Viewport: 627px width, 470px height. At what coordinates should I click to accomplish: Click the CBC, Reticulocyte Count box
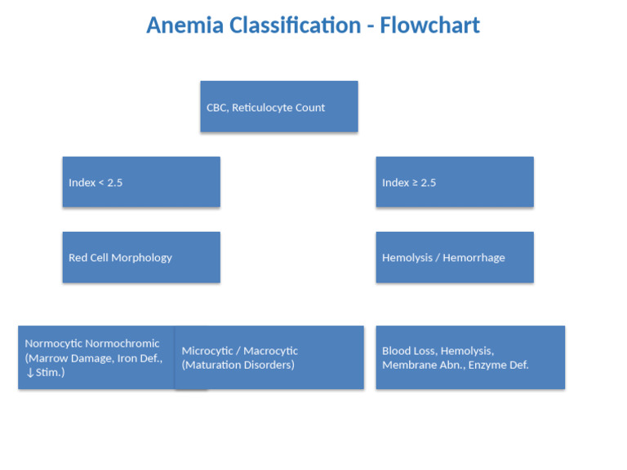pyautogui.click(x=278, y=106)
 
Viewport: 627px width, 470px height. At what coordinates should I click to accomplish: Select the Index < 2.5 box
pyautogui.click(x=141, y=182)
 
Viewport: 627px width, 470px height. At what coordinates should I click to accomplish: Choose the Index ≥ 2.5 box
pyautogui.click(x=454, y=182)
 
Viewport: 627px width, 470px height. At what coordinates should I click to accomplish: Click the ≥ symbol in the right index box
pyautogui.click(x=414, y=183)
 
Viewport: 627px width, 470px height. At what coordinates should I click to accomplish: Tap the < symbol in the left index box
pyautogui.click(x=100, y=183)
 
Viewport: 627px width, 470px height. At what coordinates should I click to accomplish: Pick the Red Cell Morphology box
pyautogui.click(x=141, y=257)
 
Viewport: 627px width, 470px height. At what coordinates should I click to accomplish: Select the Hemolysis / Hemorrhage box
pyautogui.click(x=454, y=257)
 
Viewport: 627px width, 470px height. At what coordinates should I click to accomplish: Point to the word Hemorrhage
pyautogui.click(x=474, y=258)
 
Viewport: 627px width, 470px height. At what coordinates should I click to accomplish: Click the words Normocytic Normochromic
pyautogui.click(x=92, y=344)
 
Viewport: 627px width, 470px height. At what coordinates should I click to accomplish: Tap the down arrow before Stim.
pyautogui.click(x=29, y=373)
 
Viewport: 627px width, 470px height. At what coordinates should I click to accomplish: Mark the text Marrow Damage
pyautogui.click(x=68, y=358)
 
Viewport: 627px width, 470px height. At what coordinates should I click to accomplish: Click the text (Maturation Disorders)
pyautogui.click(x=238, y=365)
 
